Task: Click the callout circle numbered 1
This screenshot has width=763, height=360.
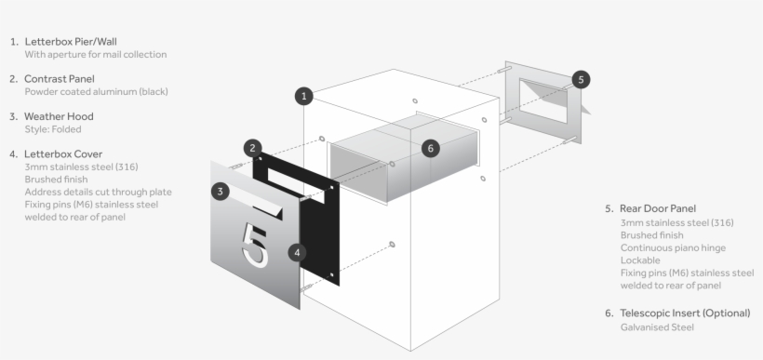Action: pyautogui.click(x=303, y=95)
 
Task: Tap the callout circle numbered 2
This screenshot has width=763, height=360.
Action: pyautogui.click(x=253, y=148)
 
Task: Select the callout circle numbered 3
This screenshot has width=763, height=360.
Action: pyautogui.click(x=220, y=192)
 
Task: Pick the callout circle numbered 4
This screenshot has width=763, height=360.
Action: pyautogui.click(x=296, y=251)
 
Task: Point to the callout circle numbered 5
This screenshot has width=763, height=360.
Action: pyautogui.click(x=582, y=79)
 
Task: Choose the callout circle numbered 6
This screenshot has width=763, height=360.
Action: pyautogui.click(x=429, y=148)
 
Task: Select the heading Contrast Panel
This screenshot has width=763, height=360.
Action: pyautogui.click(x=60, y=79)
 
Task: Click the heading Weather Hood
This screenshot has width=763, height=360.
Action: pyautogui.click(x=59, y=116)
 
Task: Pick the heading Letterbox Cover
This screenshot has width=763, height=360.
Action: pyautogui.click(x=63, y=153)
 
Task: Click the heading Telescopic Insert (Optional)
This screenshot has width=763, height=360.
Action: pyautogui.click(x=684, y=313)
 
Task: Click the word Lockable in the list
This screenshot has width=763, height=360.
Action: pyautogui.click(x=640, y=261)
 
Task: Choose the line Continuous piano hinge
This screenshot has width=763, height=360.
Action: pyautogui.click(x=672, y=248)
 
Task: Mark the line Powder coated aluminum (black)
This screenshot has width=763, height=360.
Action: pyautogui.click(x=96, y=92)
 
